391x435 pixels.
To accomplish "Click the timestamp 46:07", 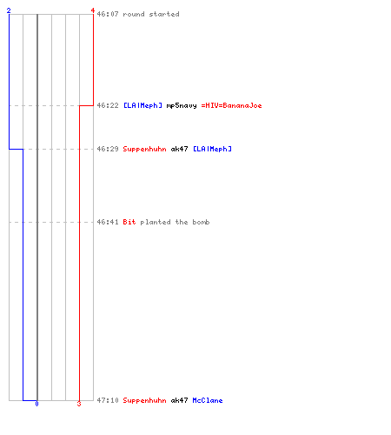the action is point(108,14).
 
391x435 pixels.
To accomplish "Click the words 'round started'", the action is point(151,14).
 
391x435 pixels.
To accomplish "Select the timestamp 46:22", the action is point(108,105).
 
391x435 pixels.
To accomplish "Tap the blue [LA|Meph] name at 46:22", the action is point(142,105).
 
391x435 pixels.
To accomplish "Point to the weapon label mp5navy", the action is point(182,105).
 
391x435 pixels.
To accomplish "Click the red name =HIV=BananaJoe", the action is point(231,105).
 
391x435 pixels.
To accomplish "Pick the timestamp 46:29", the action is point(108,149).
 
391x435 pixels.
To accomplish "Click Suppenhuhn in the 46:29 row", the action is point(144,149).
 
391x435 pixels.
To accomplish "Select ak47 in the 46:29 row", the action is point(179,149).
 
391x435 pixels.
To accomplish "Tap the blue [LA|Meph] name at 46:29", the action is point(212,149).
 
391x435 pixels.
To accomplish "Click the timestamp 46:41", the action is point(108,222).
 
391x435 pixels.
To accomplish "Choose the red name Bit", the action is point(129,222).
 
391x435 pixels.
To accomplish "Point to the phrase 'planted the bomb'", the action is point(175,222).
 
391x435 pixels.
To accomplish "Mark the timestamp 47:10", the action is point(108,400).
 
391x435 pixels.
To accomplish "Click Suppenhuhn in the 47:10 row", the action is point(144,400).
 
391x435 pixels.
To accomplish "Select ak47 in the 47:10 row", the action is point(179,400).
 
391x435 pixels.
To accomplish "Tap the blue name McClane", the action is point(208,400).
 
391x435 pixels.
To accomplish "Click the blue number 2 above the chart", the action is point(9,10).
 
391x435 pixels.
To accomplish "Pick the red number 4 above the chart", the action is point(93,10).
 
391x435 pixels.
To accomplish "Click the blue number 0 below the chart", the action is point(36,404).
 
